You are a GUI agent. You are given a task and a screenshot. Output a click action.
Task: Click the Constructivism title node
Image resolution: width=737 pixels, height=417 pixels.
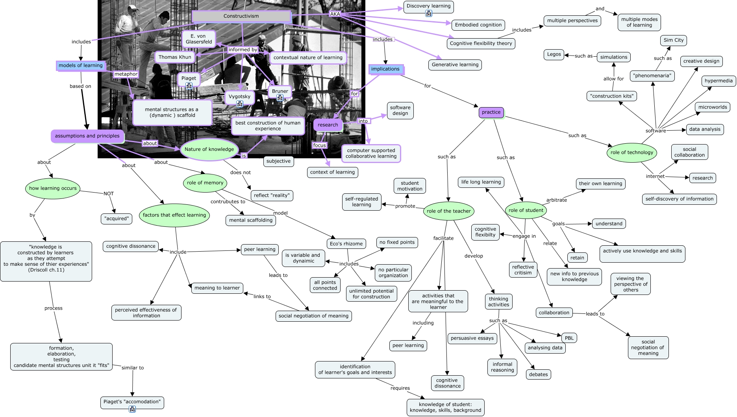[241, 16]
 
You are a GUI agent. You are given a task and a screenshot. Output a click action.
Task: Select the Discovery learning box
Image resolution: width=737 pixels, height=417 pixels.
[428, 6]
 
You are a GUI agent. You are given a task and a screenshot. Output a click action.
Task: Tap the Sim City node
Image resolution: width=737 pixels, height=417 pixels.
[673, 40]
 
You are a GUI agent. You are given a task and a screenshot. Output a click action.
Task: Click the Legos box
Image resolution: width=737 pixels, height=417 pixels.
[554, 54]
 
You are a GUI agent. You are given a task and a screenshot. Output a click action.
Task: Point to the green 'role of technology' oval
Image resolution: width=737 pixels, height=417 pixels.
[631, 153]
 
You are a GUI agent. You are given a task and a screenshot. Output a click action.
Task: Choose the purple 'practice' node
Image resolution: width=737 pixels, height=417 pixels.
[491, 112]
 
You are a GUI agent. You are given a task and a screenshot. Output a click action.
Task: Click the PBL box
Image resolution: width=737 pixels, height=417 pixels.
[569, 338]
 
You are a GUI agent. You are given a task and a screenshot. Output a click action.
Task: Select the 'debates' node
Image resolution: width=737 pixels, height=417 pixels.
[538, 374]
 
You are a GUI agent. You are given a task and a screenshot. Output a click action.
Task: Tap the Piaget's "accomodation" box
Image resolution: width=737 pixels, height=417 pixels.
[132, 402]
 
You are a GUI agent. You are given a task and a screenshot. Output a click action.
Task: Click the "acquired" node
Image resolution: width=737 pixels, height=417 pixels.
[117, 219]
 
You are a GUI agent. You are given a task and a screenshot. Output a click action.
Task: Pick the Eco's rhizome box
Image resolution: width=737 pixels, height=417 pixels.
[346, 244]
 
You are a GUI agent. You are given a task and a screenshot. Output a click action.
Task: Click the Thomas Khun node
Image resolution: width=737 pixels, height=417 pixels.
[175, 57]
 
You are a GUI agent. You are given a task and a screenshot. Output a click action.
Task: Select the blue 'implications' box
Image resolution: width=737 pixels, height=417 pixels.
[385, 69]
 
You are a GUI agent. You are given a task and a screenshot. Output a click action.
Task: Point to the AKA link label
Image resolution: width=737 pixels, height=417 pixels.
[335, 14]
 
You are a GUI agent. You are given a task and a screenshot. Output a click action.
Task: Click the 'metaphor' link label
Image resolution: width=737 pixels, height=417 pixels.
[126, 74]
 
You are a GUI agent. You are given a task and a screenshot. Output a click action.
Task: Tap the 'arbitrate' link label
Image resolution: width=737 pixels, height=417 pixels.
[556, 200]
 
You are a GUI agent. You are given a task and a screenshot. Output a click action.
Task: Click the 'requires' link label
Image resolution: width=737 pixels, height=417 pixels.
[400, 388]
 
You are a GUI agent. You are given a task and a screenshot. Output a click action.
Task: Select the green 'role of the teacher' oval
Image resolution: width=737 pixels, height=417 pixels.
[448, 211]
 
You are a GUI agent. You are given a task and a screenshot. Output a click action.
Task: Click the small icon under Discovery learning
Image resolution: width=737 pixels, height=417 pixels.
[429, 13]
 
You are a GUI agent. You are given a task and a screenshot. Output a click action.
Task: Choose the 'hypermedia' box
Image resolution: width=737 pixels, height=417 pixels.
[718, 81]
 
